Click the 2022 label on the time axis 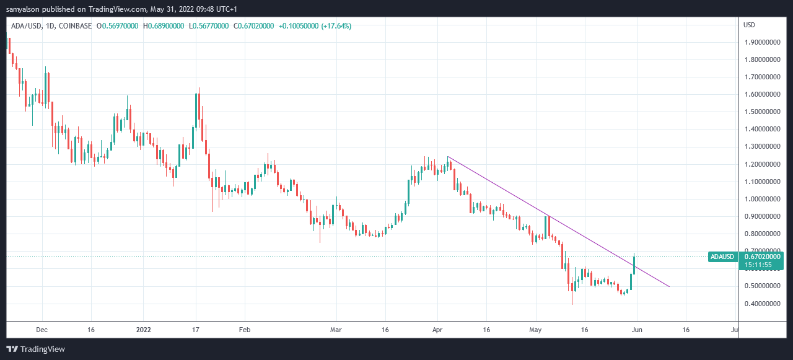coord(144,330)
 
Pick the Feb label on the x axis coord(245,330)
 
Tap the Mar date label coord(336,330)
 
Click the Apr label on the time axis coord(437,330)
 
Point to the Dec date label coord(42,330)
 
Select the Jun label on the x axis coord(636,330)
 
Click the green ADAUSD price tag coord(722,257)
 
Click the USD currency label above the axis coord(749,25)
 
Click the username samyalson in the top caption coord(28,9)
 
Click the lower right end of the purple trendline coord(670,286)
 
